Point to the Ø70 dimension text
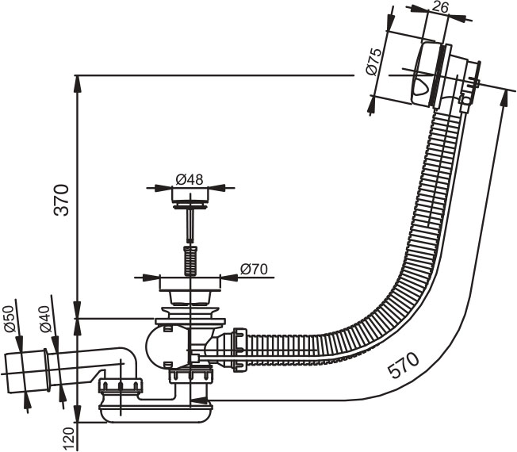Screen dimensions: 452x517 point(255,270)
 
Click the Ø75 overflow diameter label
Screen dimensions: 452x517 point(374,61)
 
